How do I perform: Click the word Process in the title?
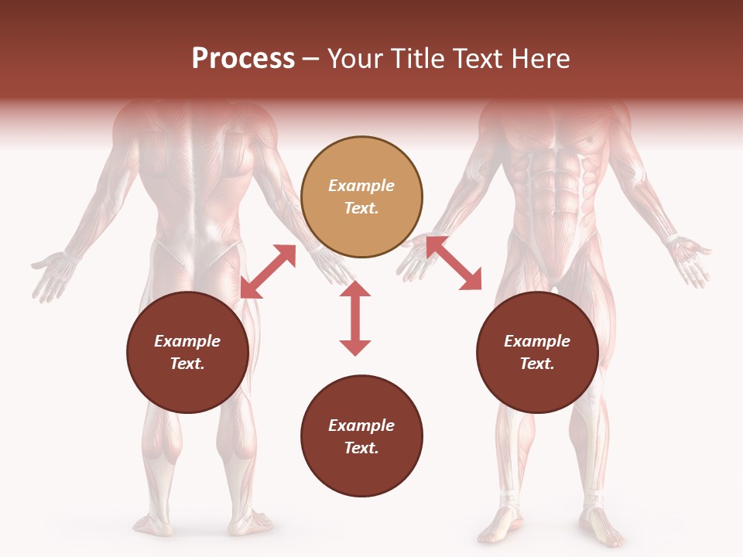tap(243, 59)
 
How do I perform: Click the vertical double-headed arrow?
tap(355, 318)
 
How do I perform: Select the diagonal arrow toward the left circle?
tap(268, 272)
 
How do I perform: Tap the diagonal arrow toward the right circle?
tap(454, 263)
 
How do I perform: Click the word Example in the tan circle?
tap(361, 186)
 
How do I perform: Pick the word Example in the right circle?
tap(537, 341)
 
